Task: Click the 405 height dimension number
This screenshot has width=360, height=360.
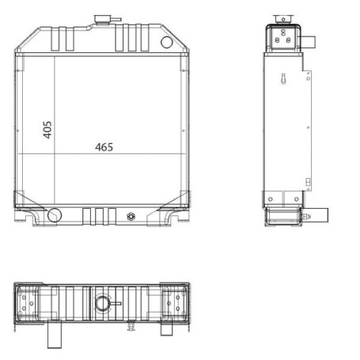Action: (x=47, y=130)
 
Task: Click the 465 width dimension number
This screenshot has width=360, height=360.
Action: (x=104, y=147)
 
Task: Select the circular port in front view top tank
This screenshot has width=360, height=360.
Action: (x=167, y=42)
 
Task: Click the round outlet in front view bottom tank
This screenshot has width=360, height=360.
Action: (x=55, y=215)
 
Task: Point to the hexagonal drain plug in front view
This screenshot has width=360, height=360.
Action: (x=131, y=217)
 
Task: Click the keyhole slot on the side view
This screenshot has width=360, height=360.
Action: (x=283, y=79)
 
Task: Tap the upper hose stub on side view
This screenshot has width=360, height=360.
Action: (x=309, y=42)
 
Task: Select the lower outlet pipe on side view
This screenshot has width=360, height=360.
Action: (x=319, y=215)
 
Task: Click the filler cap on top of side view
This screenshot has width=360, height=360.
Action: (x=283, y=19)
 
